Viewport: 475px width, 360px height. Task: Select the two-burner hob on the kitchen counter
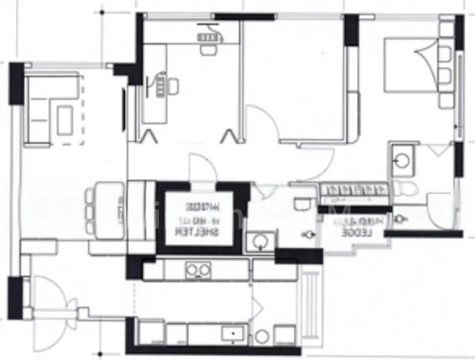(x=198, y=270)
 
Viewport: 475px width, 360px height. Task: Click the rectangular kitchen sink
(x=230, y=333)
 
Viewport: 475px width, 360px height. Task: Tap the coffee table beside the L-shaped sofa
(x=65, y=118)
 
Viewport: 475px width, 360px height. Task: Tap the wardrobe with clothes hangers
(x=354, y=191)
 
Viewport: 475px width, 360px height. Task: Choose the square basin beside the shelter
(x=260, y=242)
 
